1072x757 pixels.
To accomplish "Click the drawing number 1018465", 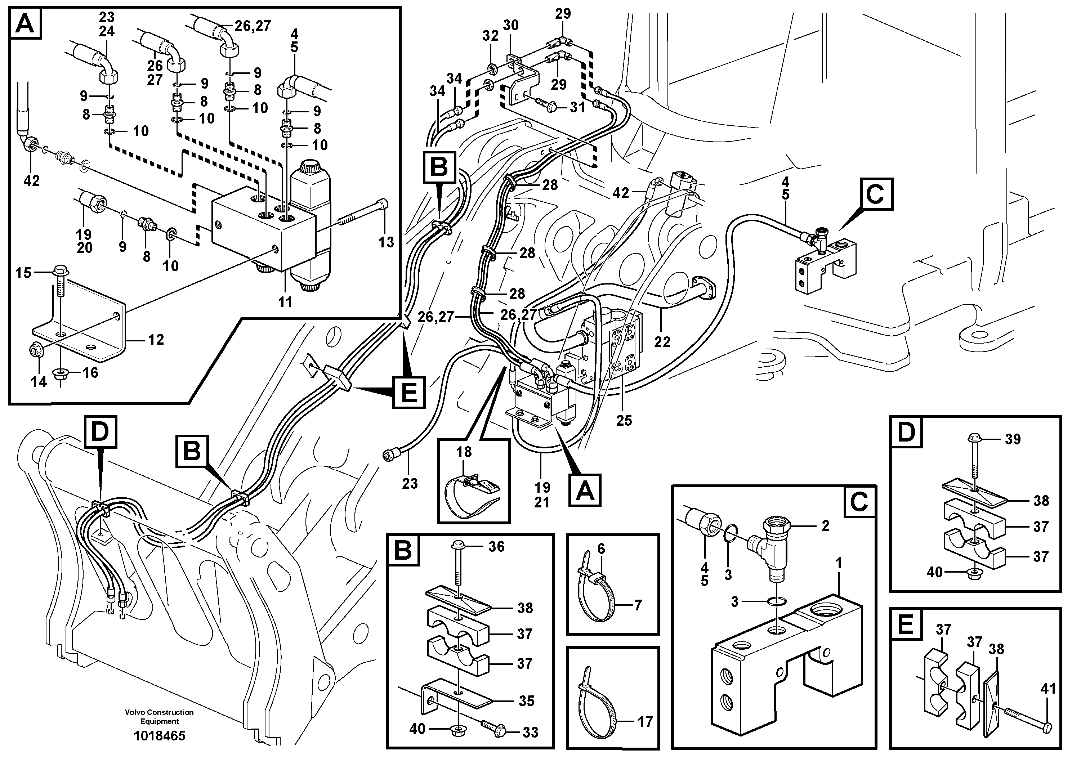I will [x=159, y=736].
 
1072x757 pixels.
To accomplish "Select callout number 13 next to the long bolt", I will [x=386, y=242].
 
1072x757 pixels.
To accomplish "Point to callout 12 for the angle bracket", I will [x=156, y=339].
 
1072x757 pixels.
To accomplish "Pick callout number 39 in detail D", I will [x=1013, y=439].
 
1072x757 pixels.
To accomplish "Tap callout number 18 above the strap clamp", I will [x=464, y=452].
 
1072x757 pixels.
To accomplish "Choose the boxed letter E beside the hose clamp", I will [x=408, y=392].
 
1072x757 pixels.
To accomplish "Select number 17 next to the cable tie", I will [x=645, y=722].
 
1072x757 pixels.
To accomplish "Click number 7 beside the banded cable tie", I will [x=638, y=605].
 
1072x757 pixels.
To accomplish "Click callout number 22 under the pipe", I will [x=662, y=342].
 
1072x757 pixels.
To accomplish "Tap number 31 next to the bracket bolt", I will [x=577, y=107].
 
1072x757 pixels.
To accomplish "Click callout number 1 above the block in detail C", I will [x=839, y=563].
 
